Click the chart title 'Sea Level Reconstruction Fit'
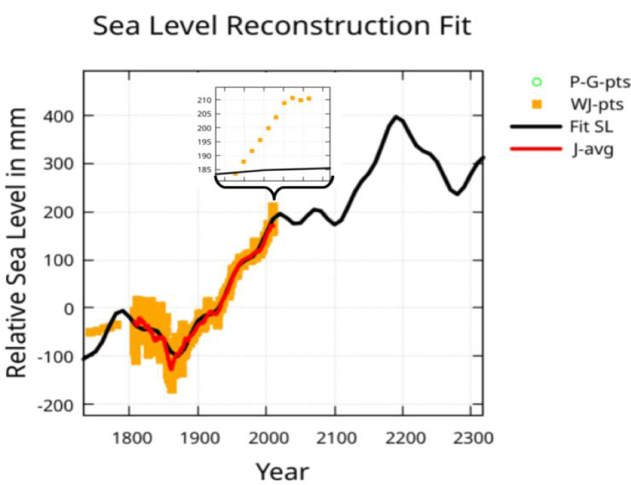pos(282,27)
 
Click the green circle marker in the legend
pos(538,82)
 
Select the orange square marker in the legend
pos(538,105)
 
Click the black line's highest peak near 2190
pos(396,117)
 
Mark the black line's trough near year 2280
pos(457,194)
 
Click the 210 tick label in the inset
pos(223,100)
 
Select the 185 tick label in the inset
pos(223,170)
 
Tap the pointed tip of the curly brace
pos(274,198)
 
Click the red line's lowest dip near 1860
pos(171,368)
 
